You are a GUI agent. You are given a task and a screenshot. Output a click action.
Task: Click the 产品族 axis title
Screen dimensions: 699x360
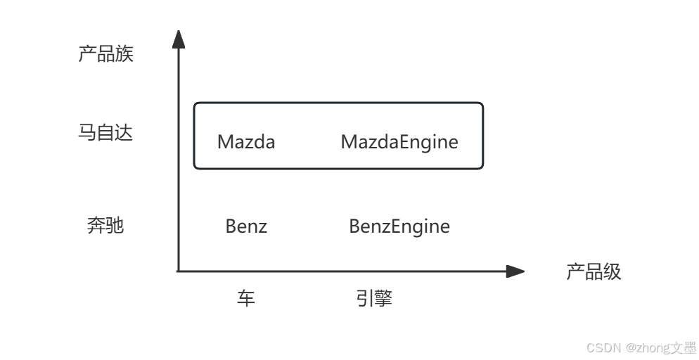(x=105, y=54)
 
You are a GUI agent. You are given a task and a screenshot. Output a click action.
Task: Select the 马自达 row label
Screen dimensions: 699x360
(x=105, y=133)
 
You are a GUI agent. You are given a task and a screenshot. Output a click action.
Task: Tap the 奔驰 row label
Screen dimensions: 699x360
(x=105, y=226)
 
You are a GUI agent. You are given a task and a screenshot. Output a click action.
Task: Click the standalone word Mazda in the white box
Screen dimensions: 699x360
(x=246, y=142)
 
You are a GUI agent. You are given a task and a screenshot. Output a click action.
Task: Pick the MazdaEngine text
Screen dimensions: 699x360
(x=399, y=142)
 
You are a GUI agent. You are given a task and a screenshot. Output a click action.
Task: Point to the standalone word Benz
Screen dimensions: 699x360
(x=246, y=226)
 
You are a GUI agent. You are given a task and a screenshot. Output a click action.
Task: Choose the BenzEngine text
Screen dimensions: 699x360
(x=399, y=226)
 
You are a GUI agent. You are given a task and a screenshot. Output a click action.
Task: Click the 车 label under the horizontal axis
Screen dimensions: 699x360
(x=245, y=299)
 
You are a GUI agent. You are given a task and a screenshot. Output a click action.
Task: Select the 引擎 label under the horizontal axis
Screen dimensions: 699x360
(x=373, y=299)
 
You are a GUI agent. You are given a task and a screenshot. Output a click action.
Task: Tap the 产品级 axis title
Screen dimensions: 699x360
(x=594, y=272)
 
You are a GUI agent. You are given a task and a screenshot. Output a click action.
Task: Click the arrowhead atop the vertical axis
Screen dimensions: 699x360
(x=179, y=39)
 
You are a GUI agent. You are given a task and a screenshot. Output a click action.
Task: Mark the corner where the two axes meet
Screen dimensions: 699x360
(x=179, y=271)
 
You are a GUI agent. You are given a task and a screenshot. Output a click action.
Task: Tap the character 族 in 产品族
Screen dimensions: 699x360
(x=124, y=54)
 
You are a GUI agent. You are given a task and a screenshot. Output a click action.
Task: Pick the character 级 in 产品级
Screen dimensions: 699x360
(x=613, y=272)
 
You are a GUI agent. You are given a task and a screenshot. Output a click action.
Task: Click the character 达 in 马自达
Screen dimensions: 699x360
(x=124, y=133)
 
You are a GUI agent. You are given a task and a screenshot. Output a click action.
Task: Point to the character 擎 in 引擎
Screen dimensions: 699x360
(x=383, y=299)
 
